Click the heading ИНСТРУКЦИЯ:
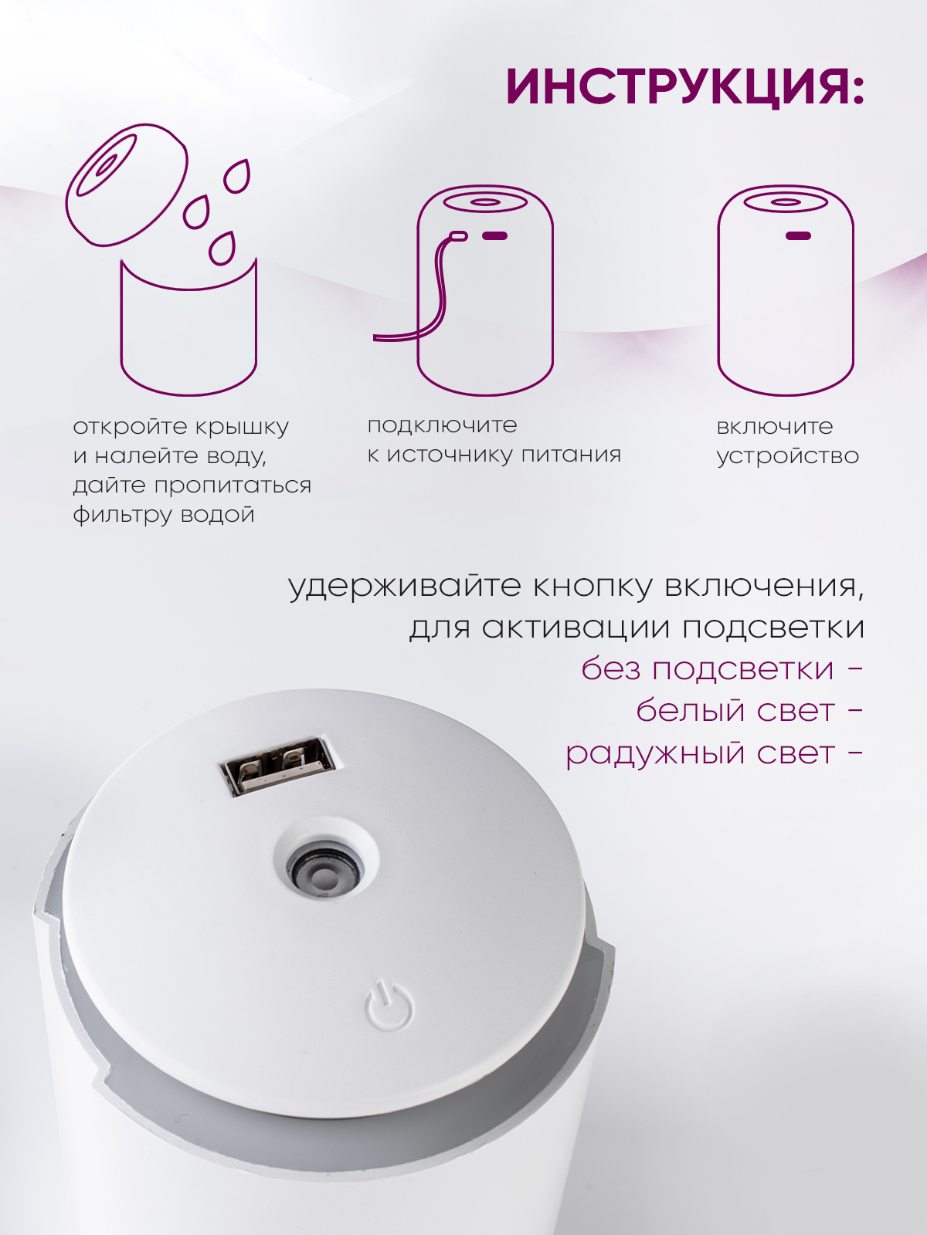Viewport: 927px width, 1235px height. click(x=685, y=89)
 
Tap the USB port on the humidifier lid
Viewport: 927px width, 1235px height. click(x=277, y=766)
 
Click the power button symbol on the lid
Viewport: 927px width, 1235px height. click(x=389, y=1005)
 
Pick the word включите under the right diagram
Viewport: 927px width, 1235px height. click(x=775, y=427)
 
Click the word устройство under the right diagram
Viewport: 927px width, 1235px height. click(x=787, y=456)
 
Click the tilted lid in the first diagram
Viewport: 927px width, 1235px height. click(x=127, y=184)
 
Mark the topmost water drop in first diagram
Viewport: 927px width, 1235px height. click(x=237, y=177)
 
